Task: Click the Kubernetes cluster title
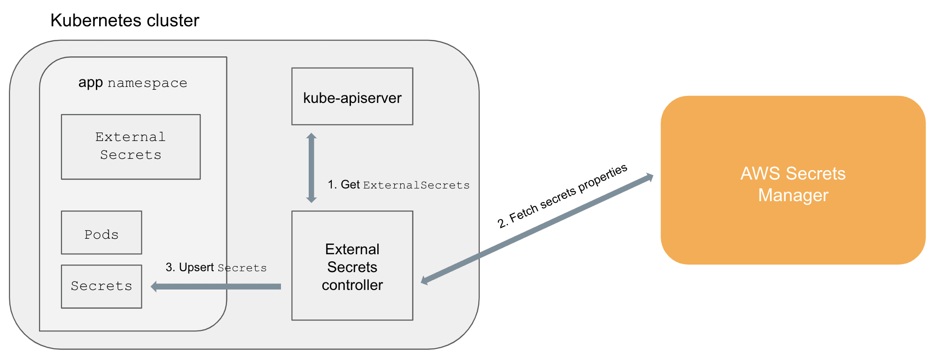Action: click(125, 21)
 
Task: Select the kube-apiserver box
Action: click(352, 97)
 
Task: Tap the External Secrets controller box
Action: click(352, 266)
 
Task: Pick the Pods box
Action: click(101, 233)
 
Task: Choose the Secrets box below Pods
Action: click(101, 286)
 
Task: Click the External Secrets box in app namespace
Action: click(131, 147)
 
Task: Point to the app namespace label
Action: click(132, 83)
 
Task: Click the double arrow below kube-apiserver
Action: click(311, 168)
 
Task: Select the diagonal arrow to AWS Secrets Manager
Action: click(537, 229)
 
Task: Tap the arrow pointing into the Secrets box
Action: click(216, 286)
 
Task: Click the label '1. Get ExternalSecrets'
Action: click(398, 185)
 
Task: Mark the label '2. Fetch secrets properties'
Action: click(562, 196)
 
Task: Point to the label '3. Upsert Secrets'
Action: click(216, 268)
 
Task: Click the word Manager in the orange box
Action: click(793, 195)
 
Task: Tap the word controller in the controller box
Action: click(352, 285)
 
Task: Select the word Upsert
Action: click(196, 267)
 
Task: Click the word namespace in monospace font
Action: click(147, 84)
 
